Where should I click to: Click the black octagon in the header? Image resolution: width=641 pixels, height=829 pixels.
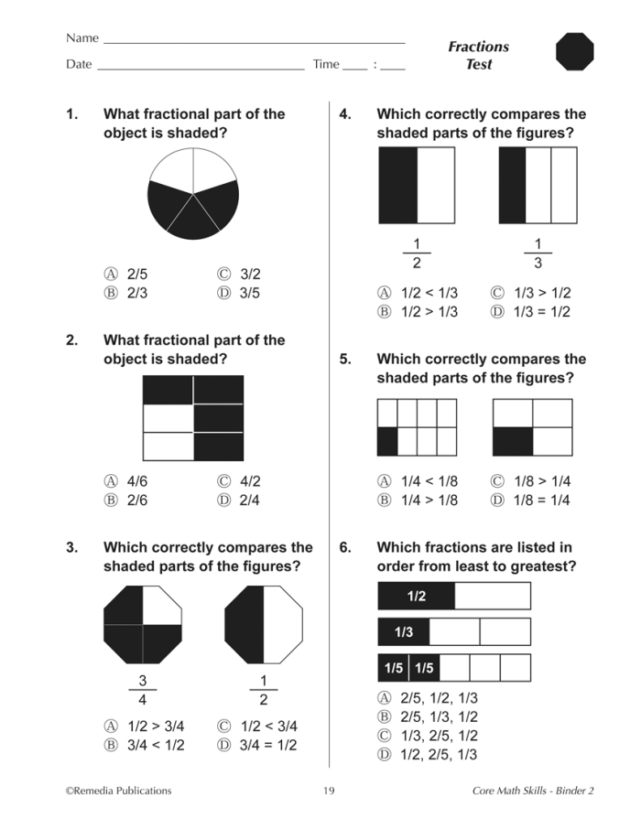click(x=575, y=52)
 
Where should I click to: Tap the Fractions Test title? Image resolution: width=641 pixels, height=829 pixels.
click(x=478, y=56)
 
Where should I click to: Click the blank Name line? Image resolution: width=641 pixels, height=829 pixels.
click(x=254, y=40)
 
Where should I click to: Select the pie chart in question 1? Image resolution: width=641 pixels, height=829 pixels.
click(x=193, y=194)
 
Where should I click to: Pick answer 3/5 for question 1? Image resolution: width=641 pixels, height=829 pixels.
click(x=241, y=293)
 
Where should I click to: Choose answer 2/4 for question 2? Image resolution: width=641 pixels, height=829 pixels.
click(x=241, y=501)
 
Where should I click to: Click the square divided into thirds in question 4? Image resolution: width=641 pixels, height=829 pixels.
click(x=538, y=185)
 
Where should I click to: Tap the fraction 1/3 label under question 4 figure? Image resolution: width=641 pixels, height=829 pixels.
click(x=538, y=253)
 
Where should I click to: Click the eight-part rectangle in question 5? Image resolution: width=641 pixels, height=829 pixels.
click(x=417, y=427)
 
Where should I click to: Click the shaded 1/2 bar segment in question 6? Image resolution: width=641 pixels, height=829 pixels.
click(x=417, y=596)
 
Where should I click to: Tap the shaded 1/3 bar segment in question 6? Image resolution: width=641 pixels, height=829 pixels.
click(x=404, y=632)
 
